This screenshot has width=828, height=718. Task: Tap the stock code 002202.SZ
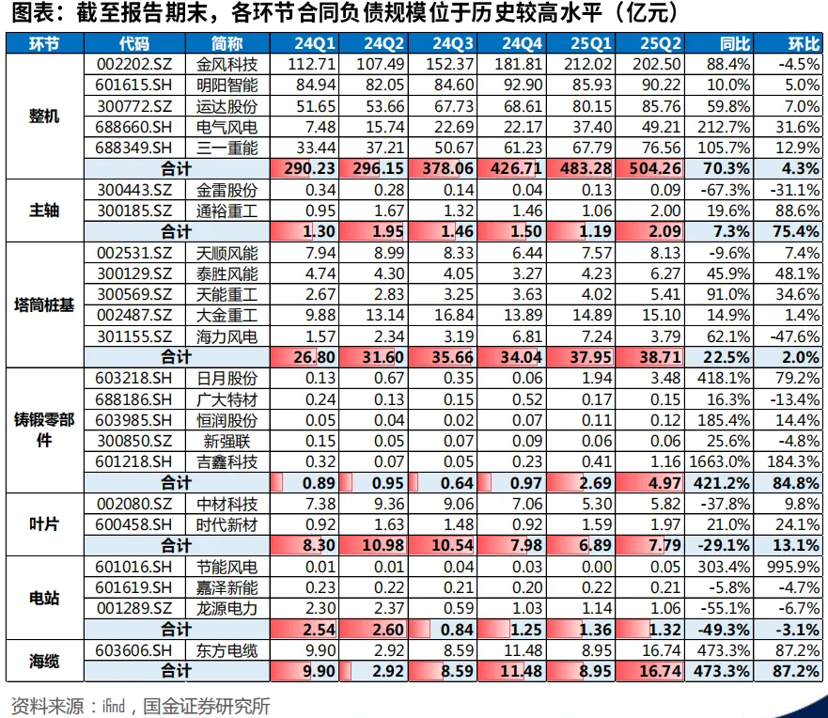134,64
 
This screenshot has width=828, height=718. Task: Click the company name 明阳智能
227,85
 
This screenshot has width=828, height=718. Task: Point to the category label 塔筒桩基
44,304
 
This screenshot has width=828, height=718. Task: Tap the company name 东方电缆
227,650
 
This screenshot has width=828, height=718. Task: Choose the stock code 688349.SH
134,148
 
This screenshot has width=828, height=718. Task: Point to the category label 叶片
44,523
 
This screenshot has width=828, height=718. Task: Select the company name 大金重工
227,315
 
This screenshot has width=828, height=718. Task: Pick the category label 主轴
44,210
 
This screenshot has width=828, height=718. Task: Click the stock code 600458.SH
134,524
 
